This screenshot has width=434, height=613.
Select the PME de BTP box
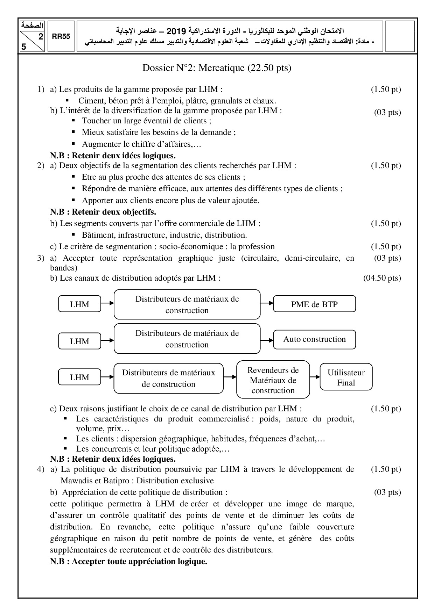pyautogui.click(x=314, y=304)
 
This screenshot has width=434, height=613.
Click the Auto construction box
pyautogui.click(x=314, y=339)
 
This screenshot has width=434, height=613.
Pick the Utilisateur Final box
pyautogui.click(x=346, y=377)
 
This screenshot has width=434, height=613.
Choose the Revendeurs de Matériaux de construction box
pyautogui.click(x=273, y=380)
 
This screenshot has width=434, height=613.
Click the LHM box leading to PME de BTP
pyautogui.click(x=79, y=304)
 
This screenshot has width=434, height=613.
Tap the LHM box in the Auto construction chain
pyautogui.click(x=79, y=341)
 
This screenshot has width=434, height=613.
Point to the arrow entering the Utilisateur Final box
pyautogui.click(x=315, y=377)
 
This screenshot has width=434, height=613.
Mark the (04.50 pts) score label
pyautogui.click(x=382, y=278)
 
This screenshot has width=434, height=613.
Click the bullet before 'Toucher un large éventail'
pyautogui.click(x=73, y=120)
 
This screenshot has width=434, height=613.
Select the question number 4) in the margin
pyautogui.click(x=41, y=469)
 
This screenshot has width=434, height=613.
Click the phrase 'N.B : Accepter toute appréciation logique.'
pyautogui.click(x=128, y=561)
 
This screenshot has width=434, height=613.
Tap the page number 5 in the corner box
pyautogui.click(x=24, y=47)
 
